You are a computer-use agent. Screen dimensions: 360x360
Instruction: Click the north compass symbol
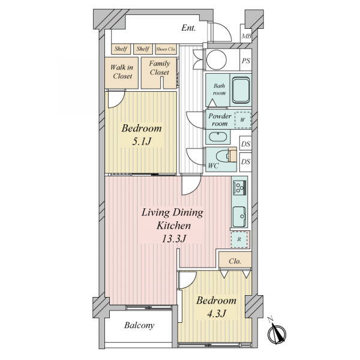[277, 332]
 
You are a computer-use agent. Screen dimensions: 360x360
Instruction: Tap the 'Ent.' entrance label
[188, 28]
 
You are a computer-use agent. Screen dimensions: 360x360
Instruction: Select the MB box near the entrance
[246, 36]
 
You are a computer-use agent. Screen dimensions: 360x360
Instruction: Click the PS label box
[245, 61]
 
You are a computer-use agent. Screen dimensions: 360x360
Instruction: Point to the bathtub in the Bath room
[241, 90]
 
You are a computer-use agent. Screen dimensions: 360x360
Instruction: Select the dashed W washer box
[242, 120]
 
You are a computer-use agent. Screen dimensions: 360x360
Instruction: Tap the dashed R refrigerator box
[239, 239]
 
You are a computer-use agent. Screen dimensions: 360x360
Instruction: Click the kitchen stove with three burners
[239, 187]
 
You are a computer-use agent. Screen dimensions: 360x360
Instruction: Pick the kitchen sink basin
[239, 217]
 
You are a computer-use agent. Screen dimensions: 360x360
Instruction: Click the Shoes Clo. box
[166, 49]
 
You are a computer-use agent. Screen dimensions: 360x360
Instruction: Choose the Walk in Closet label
[122, 71]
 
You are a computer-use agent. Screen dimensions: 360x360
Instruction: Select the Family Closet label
[160, 68]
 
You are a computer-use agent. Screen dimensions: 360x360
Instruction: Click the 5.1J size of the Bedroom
[142, 142]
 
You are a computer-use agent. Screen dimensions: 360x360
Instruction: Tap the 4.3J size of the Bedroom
[217, 314]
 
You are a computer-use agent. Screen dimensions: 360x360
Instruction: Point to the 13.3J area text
[173, 239]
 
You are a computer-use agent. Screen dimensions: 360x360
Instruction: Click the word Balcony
[139, 326]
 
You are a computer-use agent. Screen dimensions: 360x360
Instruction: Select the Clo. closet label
[235, 261]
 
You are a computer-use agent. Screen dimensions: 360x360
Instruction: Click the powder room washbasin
[218, 137]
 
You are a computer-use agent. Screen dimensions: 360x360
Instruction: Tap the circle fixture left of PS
[217, 59]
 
